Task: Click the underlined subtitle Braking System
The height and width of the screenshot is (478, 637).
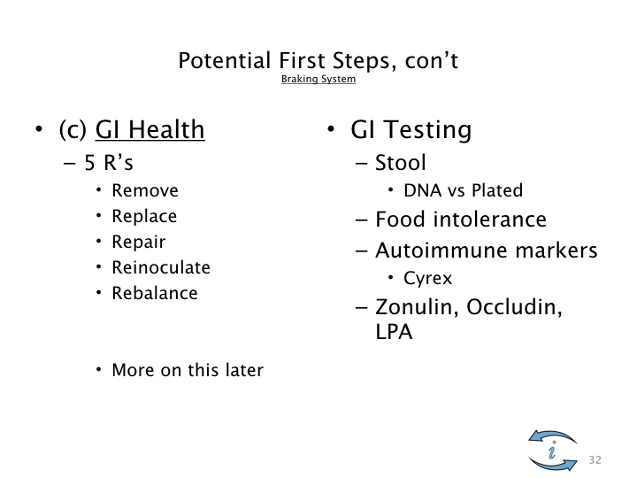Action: (318, 79)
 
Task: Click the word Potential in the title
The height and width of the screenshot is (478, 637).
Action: (225, 60)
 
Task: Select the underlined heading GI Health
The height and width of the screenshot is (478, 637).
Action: (150, 129)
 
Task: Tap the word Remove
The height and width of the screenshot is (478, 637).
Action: (145, 190)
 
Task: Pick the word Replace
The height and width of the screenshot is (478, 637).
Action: (144, 216)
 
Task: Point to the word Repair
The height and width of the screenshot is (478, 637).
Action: (139, 242)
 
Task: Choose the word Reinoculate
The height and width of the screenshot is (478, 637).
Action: (161, 267)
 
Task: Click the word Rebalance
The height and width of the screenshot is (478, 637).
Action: (155, 293)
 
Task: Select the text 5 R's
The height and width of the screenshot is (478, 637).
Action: (109, 163)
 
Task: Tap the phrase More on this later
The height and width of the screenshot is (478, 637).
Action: (188, 370)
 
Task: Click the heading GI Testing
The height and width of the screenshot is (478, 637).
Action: (411, 129)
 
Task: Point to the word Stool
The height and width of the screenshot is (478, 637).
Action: (401, 163)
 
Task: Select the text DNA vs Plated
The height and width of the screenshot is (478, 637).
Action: (463, 190)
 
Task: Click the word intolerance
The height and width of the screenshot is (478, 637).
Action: (489, 220)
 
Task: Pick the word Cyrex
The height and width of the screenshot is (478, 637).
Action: (428, 279)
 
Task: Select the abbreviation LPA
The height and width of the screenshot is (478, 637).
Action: (394, 332)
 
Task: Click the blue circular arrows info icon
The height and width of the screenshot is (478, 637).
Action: (552, 450)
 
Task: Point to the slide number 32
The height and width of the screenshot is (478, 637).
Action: (595, 459)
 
